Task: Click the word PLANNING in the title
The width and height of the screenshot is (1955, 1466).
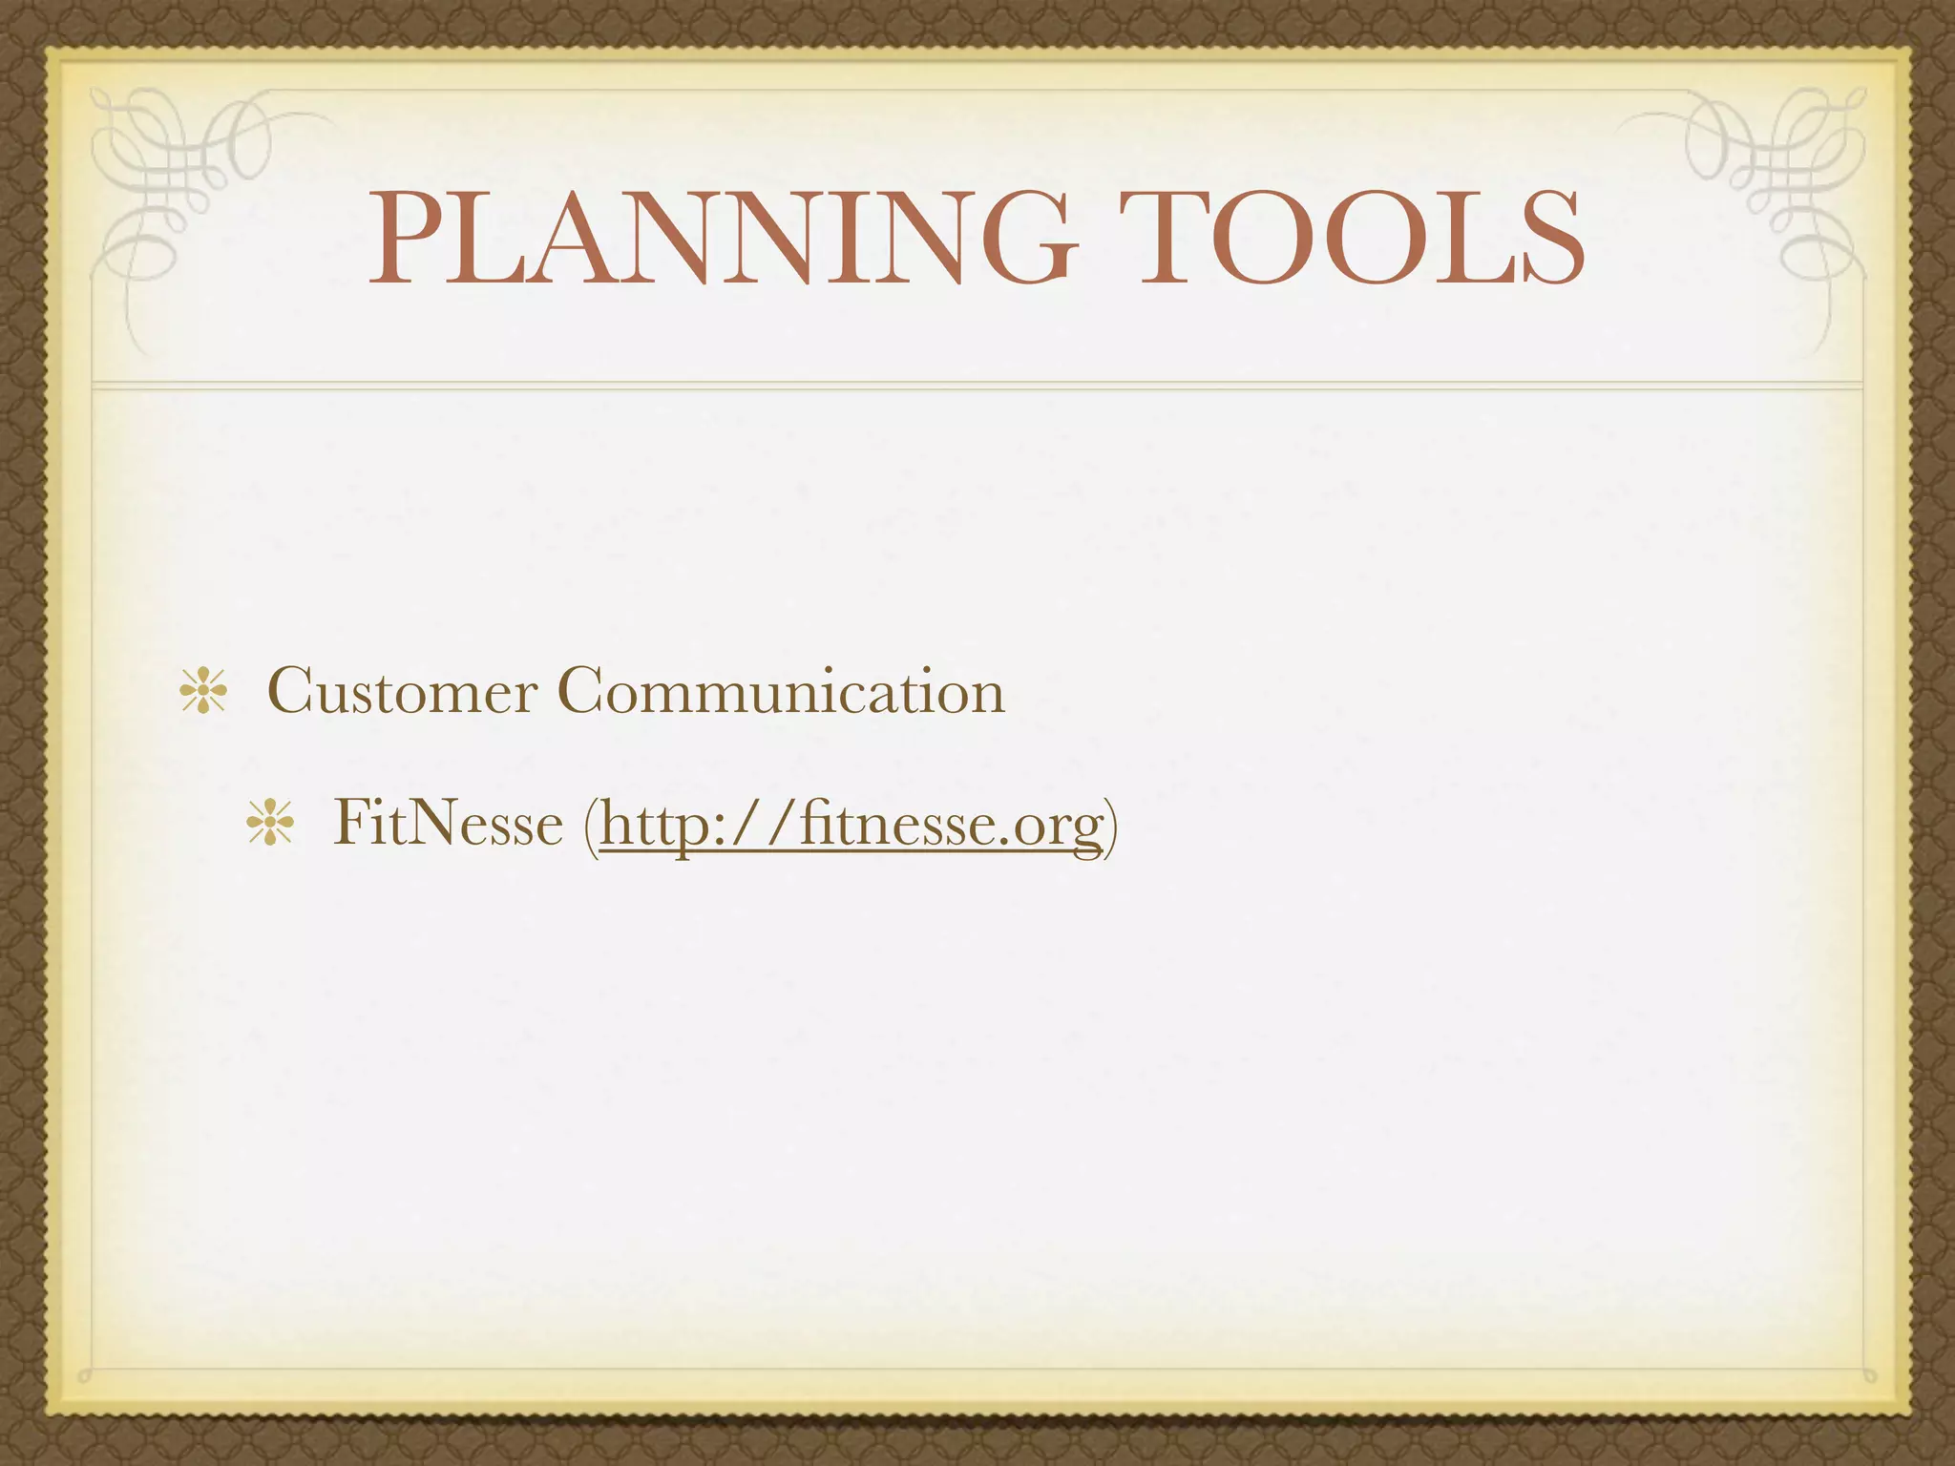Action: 723,239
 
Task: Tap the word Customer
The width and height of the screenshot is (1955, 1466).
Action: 402,691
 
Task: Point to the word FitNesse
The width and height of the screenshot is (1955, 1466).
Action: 448,823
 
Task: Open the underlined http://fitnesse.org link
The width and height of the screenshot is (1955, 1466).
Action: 850,825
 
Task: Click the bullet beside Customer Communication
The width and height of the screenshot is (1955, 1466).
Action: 203,692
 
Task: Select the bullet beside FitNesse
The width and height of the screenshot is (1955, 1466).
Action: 270,824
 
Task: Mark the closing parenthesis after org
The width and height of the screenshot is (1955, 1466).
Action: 1110,827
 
